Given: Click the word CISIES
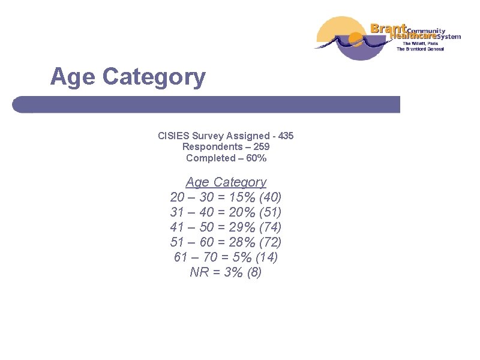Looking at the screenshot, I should point(173,136).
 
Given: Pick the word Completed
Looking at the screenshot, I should point(211,158).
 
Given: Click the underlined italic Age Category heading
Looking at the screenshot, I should point(226,182).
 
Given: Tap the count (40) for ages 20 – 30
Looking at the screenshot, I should point(271,197).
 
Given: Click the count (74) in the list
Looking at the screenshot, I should point(271,227).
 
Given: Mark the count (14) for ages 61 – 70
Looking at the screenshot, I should point(266,257).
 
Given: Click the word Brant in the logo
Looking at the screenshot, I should point(388,28).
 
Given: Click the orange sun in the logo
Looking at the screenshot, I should point(355,41).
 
